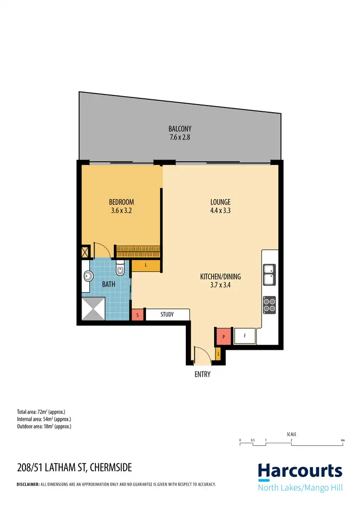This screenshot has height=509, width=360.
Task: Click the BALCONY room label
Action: [180, 129]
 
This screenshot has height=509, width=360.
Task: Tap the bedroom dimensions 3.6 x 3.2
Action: [121, 210]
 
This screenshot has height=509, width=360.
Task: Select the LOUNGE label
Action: [220, 202]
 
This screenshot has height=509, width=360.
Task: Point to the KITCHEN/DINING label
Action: [220, 277]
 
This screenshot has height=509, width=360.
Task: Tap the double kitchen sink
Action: [269, 273]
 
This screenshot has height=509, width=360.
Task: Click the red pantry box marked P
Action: [224, 337]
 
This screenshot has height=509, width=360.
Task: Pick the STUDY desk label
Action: [167, 315]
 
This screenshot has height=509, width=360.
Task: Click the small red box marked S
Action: [138, 315]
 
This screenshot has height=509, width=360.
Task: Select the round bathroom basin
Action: [89, 276]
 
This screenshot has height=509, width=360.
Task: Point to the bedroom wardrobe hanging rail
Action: [138, 251]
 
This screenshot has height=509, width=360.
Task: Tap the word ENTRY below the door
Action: [203, 375]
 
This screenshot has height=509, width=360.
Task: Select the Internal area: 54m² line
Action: [44, 419]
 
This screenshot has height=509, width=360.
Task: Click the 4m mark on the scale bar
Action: [342, 440]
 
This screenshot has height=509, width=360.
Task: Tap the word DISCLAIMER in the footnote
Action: [28, 485]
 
